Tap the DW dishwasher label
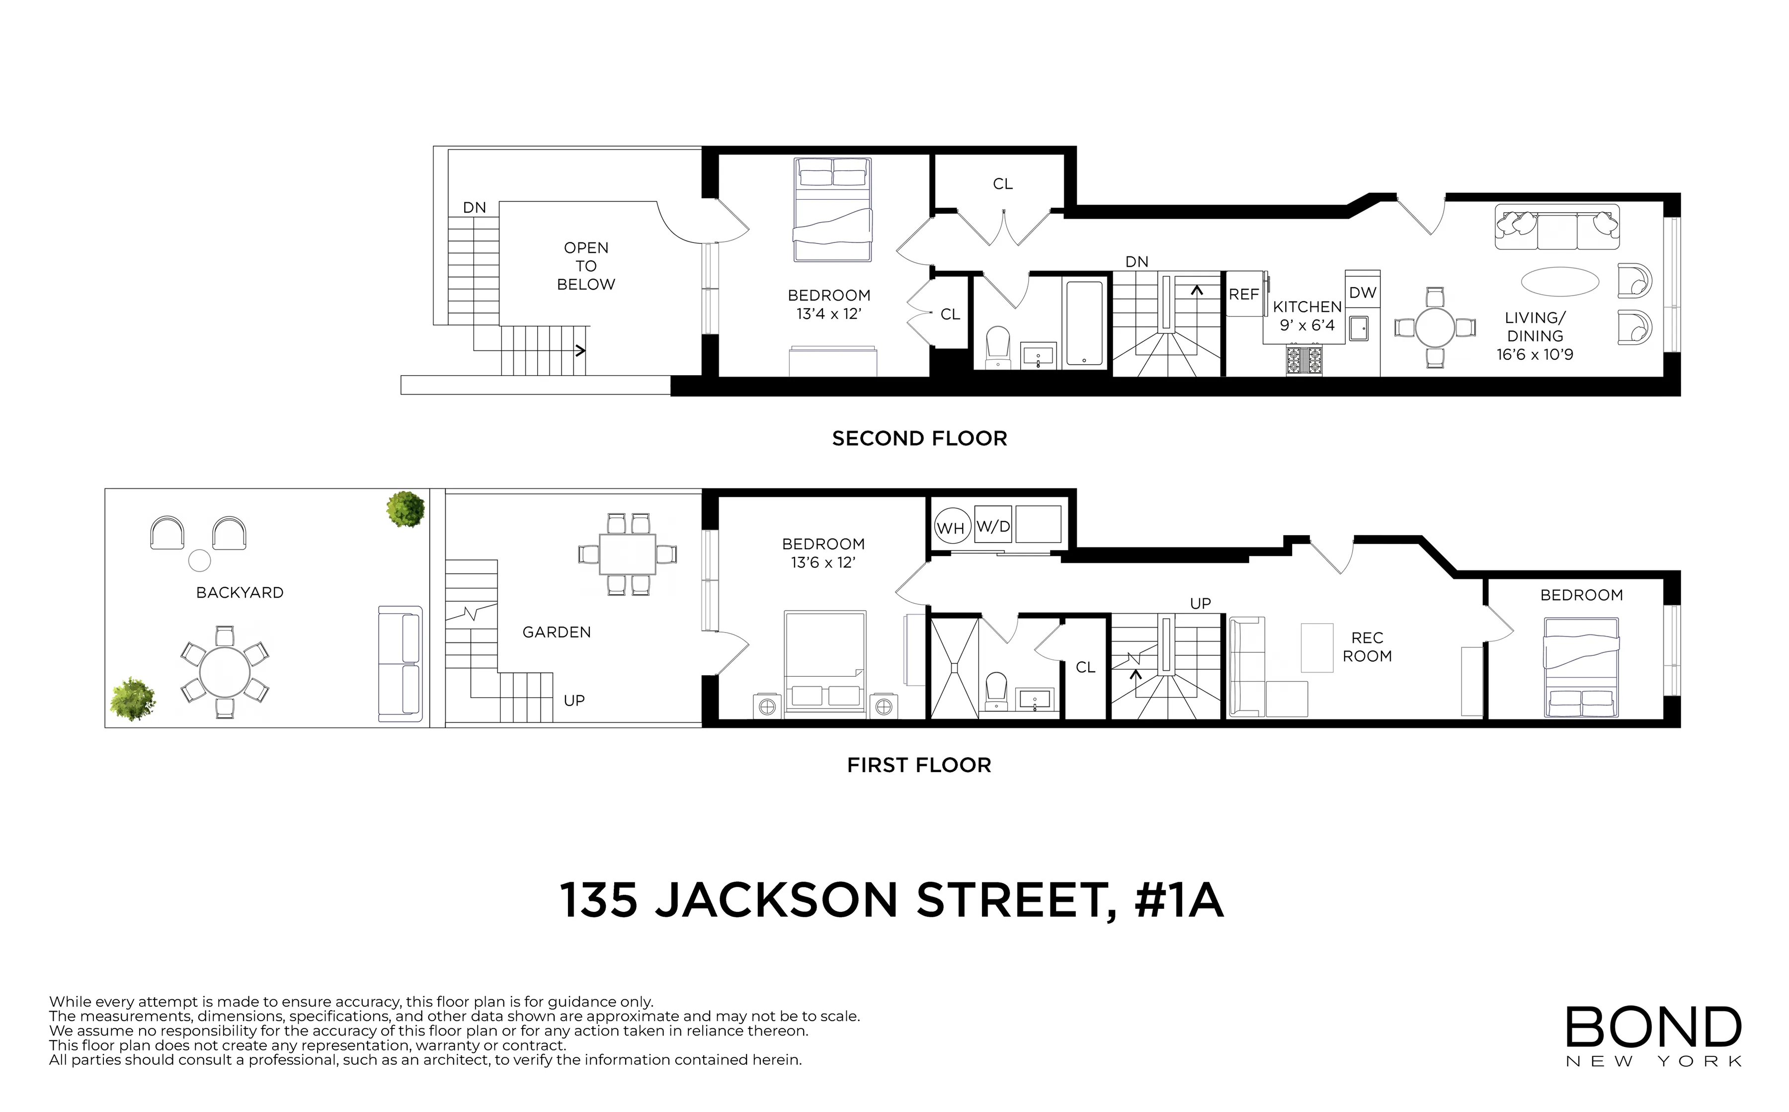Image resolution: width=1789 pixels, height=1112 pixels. (1362, 293)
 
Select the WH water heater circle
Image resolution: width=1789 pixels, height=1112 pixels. (950, 527)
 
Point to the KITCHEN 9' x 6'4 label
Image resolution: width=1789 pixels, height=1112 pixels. (1307, 316)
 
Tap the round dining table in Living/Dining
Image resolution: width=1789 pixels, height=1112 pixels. (1435, 328)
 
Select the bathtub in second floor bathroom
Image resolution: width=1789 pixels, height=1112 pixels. (1084, 323)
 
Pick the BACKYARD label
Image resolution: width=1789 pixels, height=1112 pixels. (240, 593)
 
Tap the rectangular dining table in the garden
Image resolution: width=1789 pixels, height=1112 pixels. (628, 555)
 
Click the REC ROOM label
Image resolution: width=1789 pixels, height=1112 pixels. (1367, 647)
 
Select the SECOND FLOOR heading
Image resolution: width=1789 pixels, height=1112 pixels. (919, 439)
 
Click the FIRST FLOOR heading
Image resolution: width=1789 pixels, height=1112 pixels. (919, 766)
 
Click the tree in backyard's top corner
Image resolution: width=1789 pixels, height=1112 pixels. (406, 508)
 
